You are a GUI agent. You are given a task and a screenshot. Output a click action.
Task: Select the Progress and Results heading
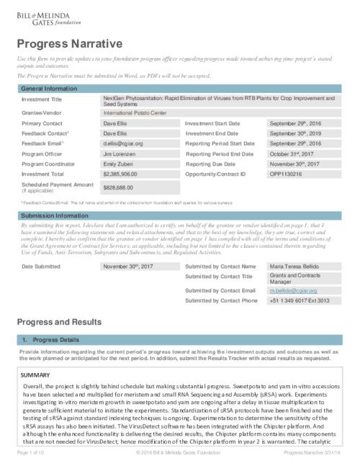pos(62,321)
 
